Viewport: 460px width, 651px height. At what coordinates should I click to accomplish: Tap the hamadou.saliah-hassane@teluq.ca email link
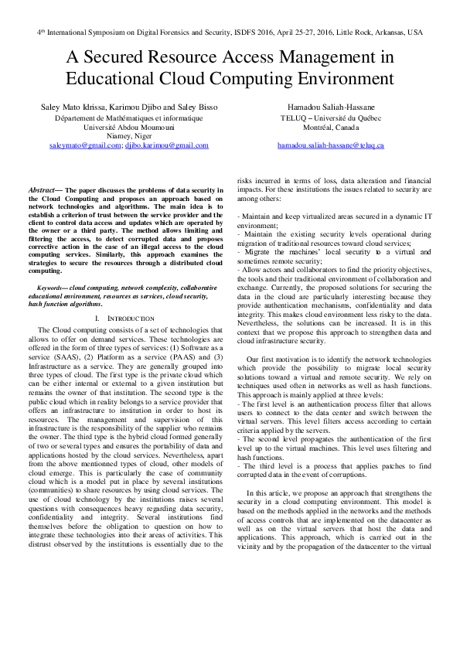point(332,145)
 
